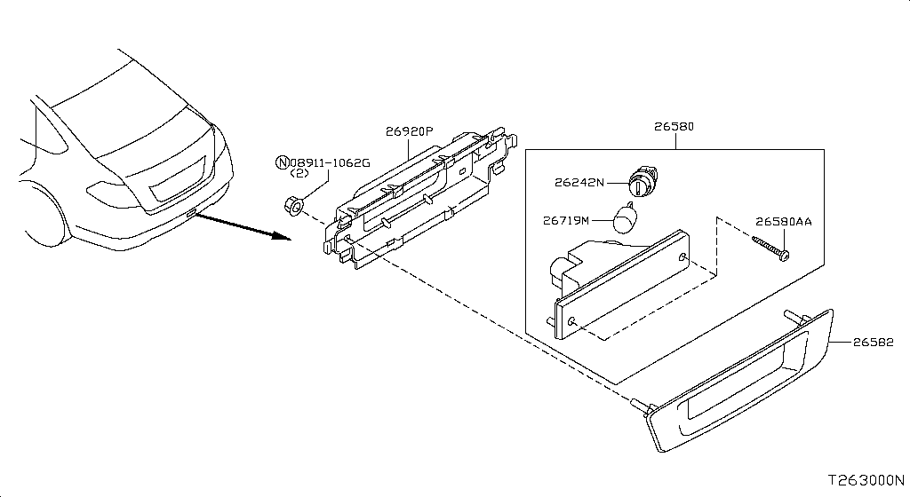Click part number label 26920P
(x=409, y=131)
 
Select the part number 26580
(x=675, y=127)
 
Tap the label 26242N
(x=579, y=183)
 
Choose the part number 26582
(x=878, y=343)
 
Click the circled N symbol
(x=283, y=162)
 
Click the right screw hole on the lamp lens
(x=682, y=257)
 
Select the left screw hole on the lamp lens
(x=574, y=320)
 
